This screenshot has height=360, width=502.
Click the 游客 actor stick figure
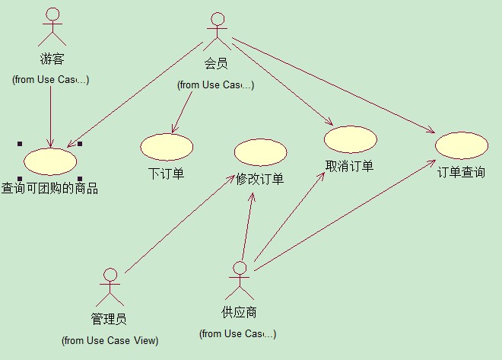pos(52,27)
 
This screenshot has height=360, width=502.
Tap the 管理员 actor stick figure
pos(110,287)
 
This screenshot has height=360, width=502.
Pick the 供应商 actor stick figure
pos(240,281)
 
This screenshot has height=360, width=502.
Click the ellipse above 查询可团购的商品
pos(50,161)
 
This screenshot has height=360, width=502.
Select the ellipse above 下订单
pos(167,147)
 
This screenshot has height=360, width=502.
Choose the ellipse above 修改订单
pos(260,152)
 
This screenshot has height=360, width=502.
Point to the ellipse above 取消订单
pos(350,139)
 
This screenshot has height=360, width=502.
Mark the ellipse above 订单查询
pos(461,145)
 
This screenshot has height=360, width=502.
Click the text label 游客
pos(52,59)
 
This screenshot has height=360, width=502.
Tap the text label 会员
pos(216,65)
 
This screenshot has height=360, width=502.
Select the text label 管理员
pos(109,319)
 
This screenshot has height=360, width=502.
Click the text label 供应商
pos(239,313)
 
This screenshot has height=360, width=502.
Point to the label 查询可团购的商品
pos(50,188)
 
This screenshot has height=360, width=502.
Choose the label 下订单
pos(166,173)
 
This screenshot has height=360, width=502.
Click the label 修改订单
pos(260,180)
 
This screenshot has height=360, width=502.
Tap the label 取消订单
pos(349,167)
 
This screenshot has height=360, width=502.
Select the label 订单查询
pos(461,172)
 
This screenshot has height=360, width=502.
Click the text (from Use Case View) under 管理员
pos(110,340)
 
